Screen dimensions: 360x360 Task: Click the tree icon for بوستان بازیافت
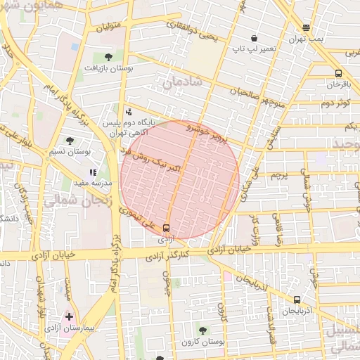[x=108, y=57]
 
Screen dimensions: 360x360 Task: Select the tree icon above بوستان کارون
[x=203, y=329]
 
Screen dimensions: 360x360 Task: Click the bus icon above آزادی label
[x=167, y=228]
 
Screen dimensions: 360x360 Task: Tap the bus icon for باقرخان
[x=339, y=73]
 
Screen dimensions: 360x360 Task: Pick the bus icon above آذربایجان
[x=297, y=299]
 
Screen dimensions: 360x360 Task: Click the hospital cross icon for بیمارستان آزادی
[x=69, y=317]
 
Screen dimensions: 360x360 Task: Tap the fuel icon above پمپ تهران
[x=306, y=28]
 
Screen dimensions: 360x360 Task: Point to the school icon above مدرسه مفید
[x=93, y=172]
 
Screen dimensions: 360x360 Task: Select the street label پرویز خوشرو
[x=208, y=134]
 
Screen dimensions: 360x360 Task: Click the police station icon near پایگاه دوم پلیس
[x=128, y=111]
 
